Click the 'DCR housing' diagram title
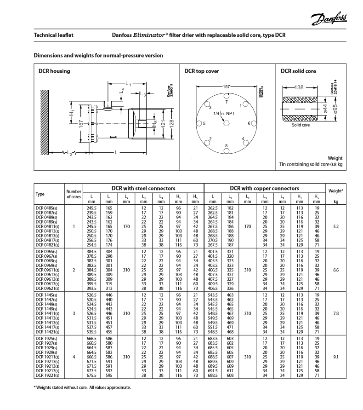54,71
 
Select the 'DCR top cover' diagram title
202,71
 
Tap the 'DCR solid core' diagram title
298,71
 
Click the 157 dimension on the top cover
226,86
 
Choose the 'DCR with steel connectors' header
144,188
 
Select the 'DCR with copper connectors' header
265,188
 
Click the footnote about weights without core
82,387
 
